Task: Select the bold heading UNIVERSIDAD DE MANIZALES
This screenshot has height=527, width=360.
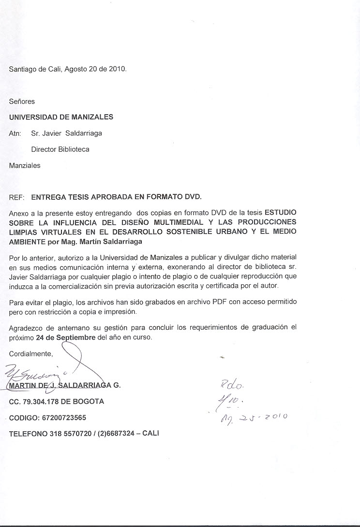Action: pyautogui.click(x=61, y=117)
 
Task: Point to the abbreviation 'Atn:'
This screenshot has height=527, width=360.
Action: pyautogui.click(x=15, y=133)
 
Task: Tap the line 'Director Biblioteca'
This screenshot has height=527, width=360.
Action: pyautogui.click(x=60, y=149)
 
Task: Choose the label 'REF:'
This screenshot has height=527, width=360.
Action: pyautogui.click(x=17, y=197)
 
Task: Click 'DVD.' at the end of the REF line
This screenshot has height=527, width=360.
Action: pyautogui.click(x=193, y=197)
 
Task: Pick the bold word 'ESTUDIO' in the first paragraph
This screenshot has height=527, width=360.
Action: pyautogui.click(x=281, y=213)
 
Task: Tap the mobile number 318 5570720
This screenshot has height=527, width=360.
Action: pyautogui.click(x=77, y=433)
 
